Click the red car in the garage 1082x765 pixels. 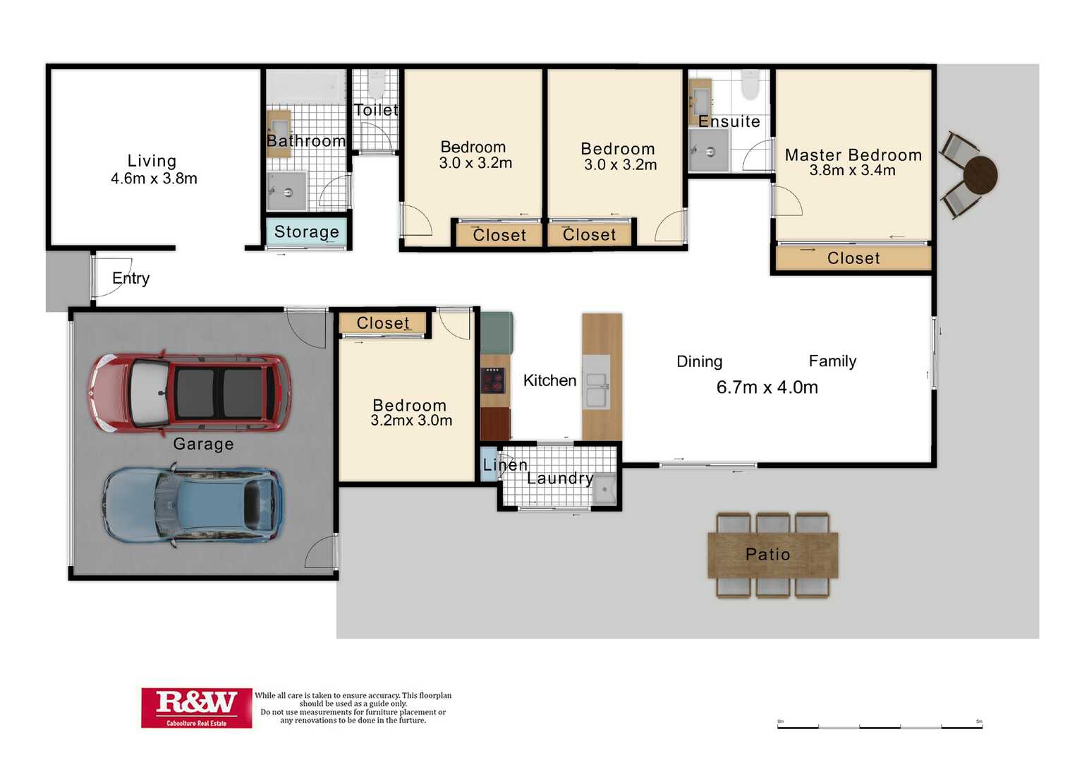pos(190,393)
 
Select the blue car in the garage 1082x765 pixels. pos(193,505)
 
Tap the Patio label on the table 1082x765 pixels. pos(767,554)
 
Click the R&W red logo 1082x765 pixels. pos(197,708)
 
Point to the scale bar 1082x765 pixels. pos(880,726)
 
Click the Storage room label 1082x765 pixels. pos(306,231)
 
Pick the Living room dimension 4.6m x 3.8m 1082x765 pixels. pos(154,179)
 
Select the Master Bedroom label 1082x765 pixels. pos(853,155)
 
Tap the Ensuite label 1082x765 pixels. pos(729,121)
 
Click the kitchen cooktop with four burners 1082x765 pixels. pos(492,380)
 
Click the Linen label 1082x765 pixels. pos(505,465)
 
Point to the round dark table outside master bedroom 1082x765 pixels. pos(980,174)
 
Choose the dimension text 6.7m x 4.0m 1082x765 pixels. pos(767,387)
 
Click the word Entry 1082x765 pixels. pos(131,278)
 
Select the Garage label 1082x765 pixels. pos(203,444)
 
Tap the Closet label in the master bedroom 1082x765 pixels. pos(853,258)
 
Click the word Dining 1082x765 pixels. pos(700,361)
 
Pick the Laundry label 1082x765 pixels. pos(560,478)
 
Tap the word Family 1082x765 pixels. pos(832,361)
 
